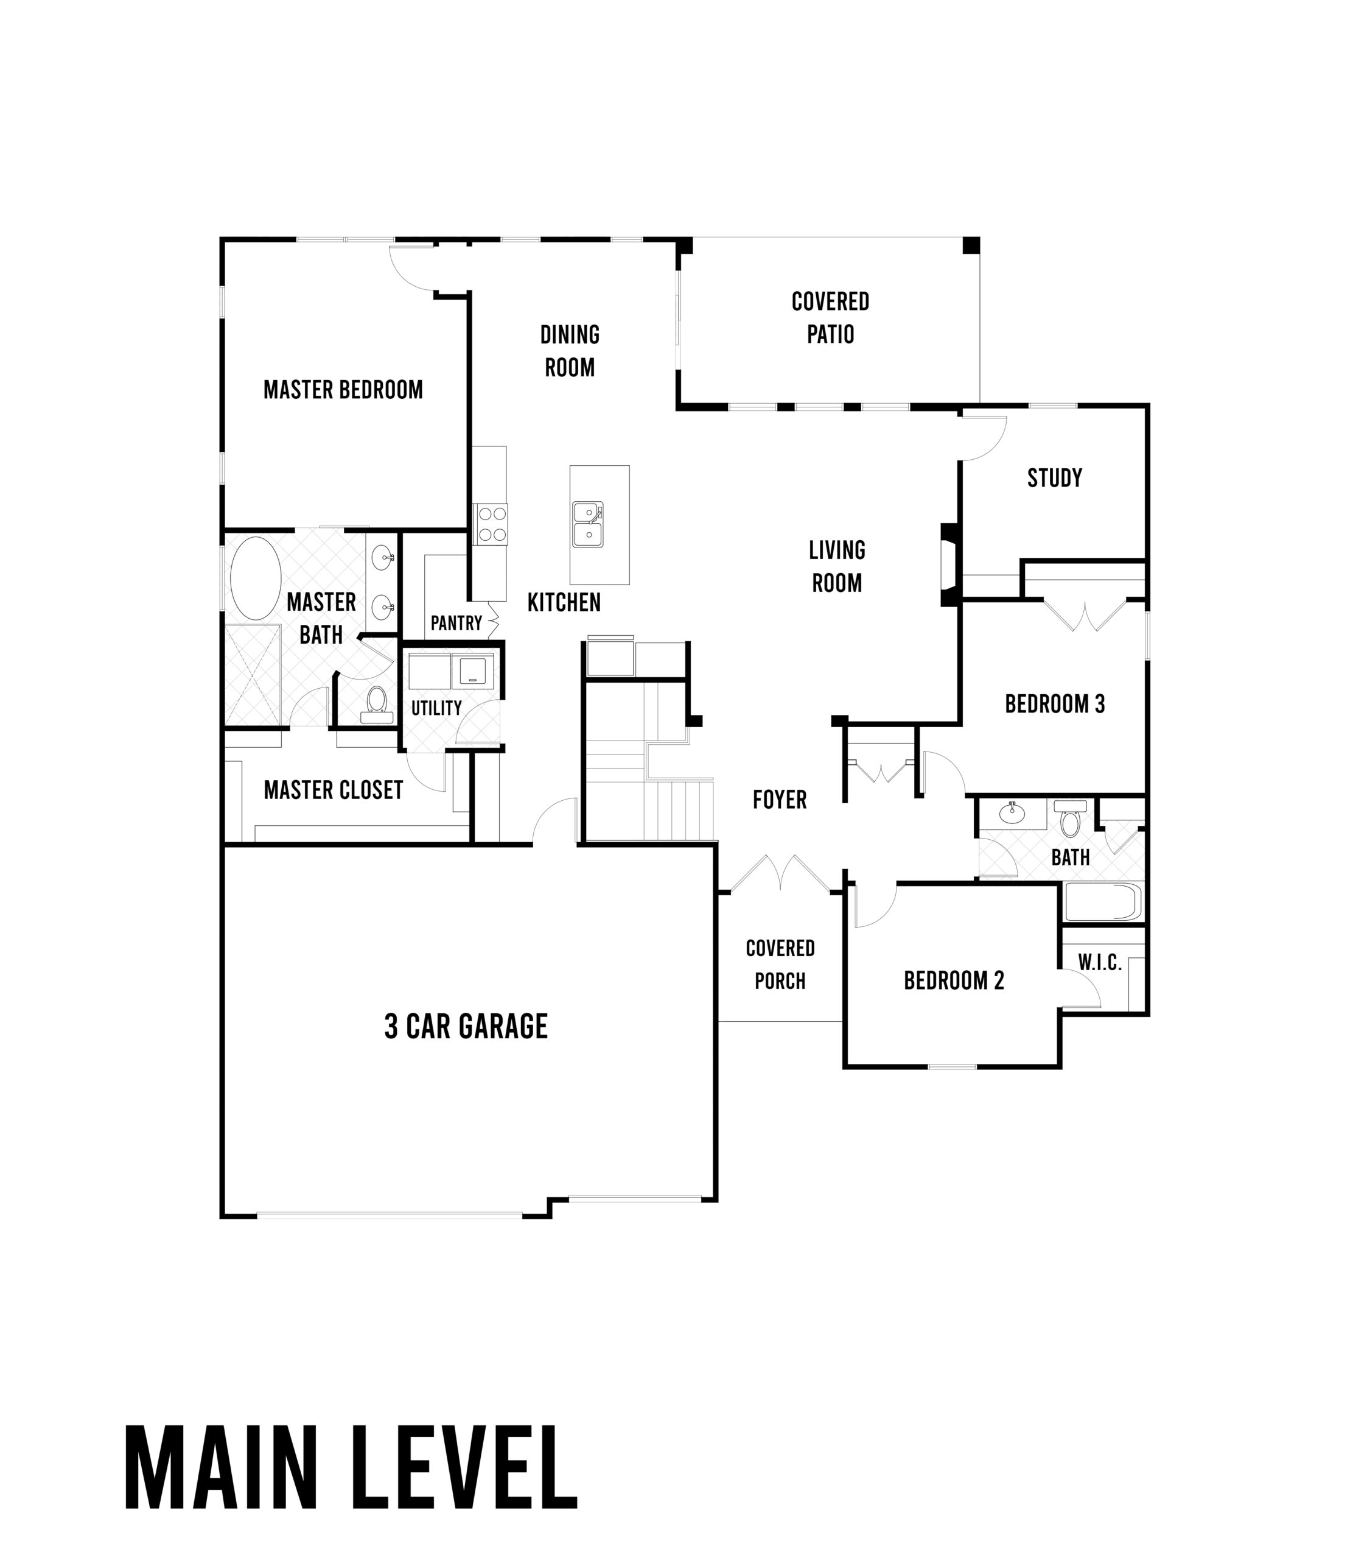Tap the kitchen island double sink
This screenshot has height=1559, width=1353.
[x=587, y=524]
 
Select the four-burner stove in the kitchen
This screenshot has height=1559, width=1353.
[x=490, y=524]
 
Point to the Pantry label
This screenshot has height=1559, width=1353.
[x=456, y=623]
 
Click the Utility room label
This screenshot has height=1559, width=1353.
[x=436, y=708]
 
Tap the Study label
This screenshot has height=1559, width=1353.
[x=1055, y=477]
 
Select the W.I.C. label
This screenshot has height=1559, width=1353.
[x=1099, y=963]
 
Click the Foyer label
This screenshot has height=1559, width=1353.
[x=780, y=799]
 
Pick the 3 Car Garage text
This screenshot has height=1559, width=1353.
[x=466, y=1027]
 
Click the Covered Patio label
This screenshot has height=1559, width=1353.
[x=831, y=317]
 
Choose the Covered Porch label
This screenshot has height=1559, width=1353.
[x=780, y=965]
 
